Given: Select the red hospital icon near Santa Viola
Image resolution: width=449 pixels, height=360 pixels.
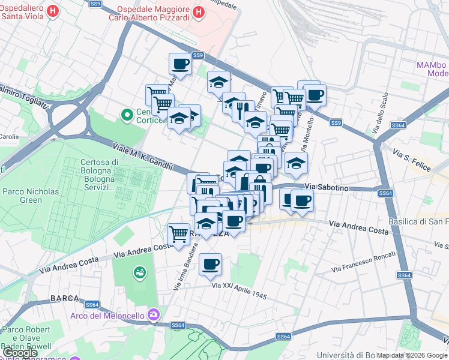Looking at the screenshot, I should point(52,10).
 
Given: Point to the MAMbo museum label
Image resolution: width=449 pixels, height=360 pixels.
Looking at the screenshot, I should point(432,68).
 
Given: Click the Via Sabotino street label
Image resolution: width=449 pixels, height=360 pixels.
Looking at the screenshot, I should point(327,188).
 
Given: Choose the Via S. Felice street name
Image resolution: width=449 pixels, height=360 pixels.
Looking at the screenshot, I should point(412,162).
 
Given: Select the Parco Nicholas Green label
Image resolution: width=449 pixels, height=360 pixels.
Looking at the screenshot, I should point(31,196).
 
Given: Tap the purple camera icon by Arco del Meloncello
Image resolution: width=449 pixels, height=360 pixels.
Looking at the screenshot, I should point(154,314).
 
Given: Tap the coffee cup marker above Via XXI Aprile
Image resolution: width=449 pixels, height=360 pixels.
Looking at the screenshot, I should point(210,264).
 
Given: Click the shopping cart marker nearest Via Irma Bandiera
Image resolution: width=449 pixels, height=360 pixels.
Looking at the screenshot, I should point(178,233).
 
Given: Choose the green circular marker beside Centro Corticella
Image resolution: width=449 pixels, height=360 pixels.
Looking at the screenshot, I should point(127,114).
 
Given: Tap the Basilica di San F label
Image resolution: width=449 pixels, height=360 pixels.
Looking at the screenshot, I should point(418,221).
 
